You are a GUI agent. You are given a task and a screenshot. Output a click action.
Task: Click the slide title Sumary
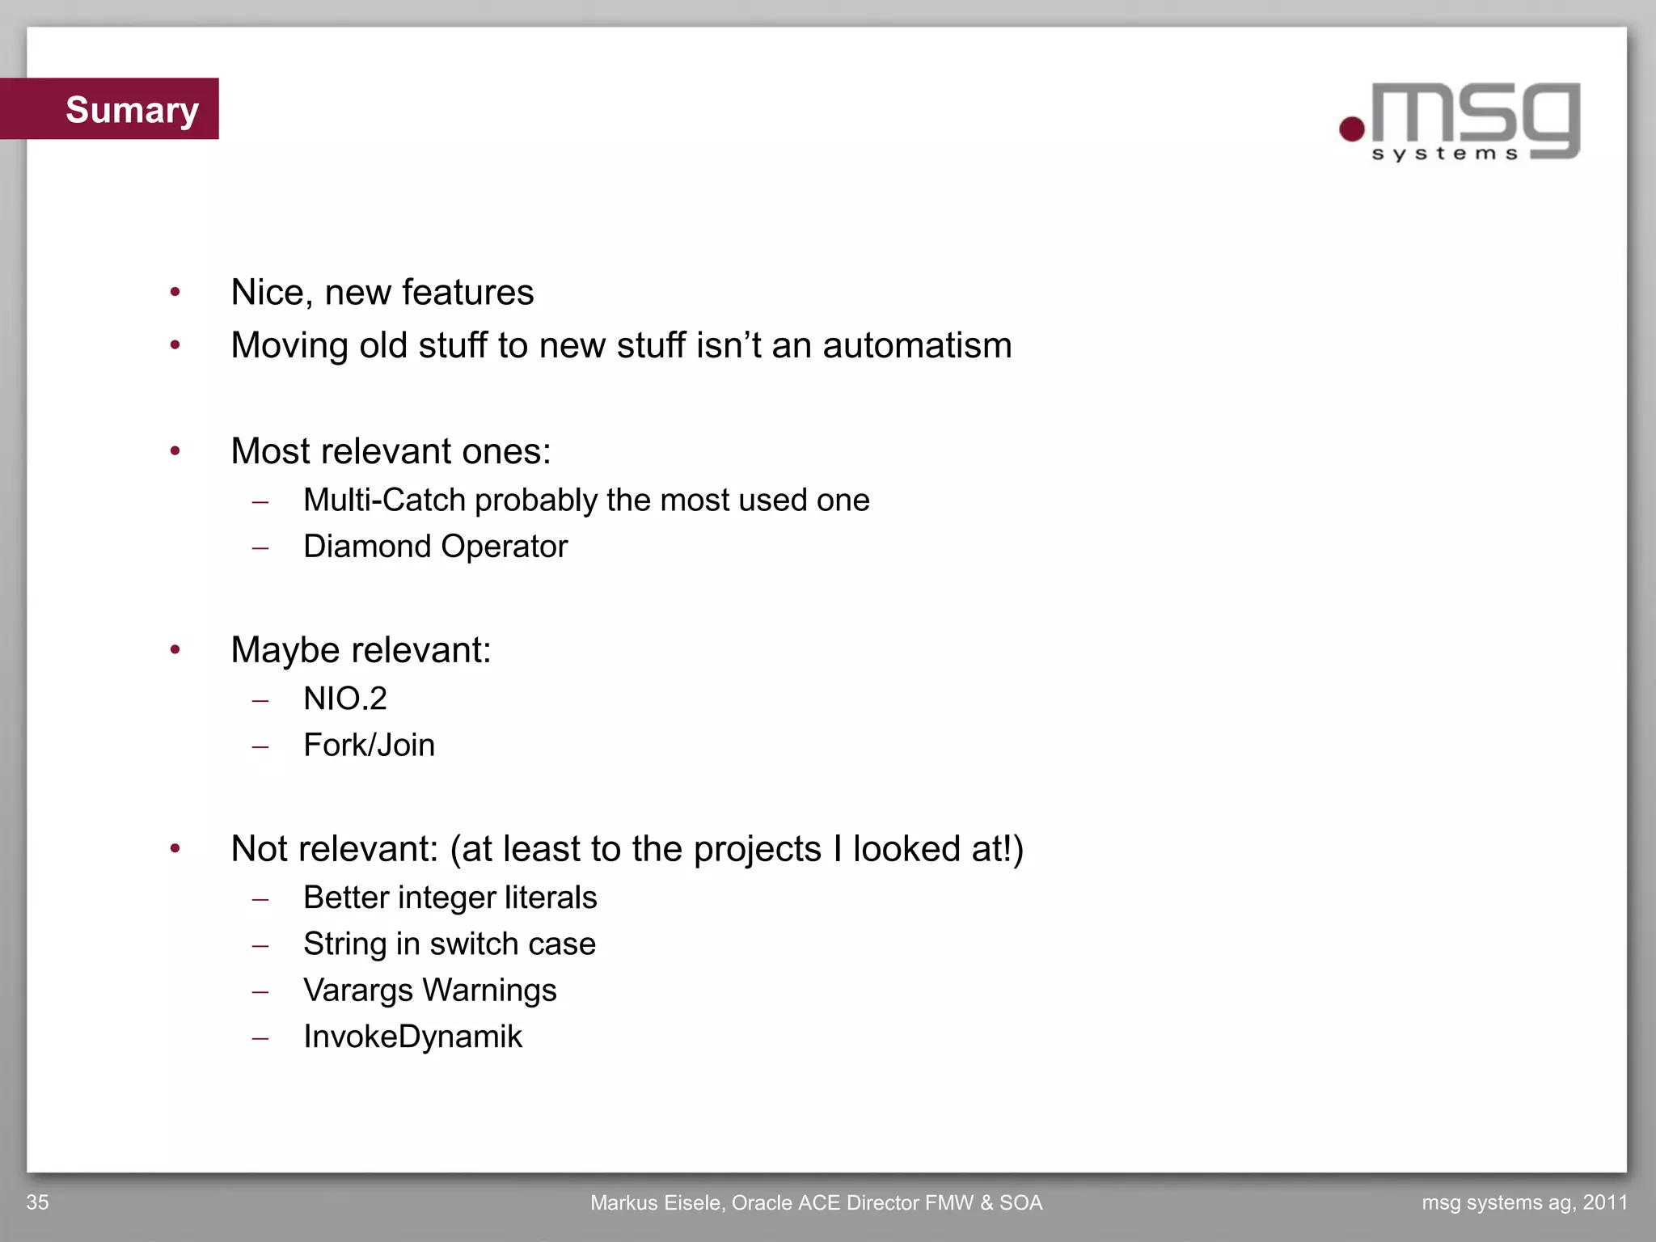click(132, 110)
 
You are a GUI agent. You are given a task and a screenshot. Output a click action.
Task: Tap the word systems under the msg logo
click(1445, 154)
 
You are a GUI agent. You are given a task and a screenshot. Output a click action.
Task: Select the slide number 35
click(37, 1202)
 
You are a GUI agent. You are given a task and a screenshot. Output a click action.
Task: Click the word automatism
click(917, 346)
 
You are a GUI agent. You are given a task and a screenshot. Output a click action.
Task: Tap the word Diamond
click(367, 547)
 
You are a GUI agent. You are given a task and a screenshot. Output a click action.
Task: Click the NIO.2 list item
click(345, 699)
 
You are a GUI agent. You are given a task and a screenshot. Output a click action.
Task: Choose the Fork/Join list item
click(369, 746)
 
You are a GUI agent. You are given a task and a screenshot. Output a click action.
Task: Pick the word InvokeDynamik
click(412, 1037)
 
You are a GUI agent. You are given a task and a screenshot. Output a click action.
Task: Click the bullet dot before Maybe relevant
click(175, 649)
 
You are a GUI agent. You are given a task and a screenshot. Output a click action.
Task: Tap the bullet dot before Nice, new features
click(175, 292)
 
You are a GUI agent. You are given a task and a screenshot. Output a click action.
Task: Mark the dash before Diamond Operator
click(260, 548)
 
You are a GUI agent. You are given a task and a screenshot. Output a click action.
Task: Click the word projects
click(757, 850)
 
